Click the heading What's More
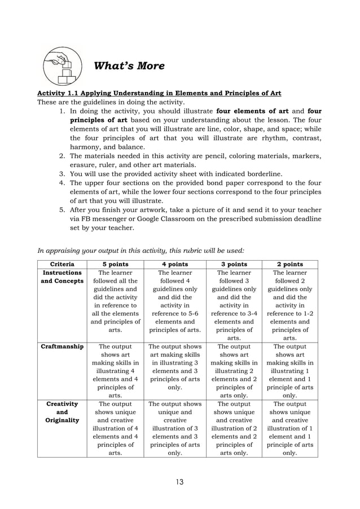129,66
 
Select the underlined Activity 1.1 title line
159,93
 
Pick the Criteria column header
62,264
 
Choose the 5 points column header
115,264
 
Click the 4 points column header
174,264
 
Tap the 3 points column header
234,264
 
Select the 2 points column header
289,264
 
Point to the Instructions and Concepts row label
62,277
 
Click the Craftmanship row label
62,346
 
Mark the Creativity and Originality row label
62,412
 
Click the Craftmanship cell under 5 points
115,371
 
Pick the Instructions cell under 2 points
289,305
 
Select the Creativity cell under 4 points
174,428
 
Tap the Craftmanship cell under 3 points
234,371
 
